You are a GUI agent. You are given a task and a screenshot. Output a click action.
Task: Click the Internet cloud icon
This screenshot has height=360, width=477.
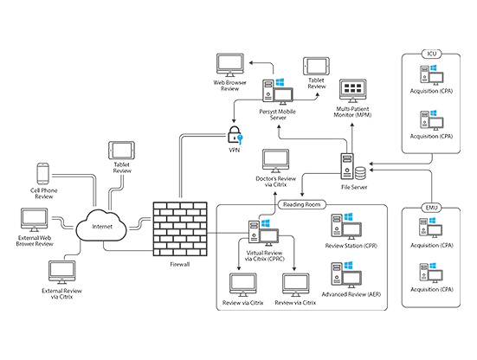[101, 225]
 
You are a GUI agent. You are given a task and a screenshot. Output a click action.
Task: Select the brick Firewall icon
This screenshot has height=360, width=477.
[180, 228]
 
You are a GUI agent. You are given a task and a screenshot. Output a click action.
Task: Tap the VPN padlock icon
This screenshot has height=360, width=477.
[235, 135]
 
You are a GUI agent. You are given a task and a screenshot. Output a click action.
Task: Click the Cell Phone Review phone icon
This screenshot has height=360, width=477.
[43, 174]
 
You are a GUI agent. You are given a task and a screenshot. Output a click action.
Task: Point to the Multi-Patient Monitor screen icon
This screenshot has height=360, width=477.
[353, 91]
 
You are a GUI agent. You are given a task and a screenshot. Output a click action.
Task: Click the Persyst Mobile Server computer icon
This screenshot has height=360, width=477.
[278, 90]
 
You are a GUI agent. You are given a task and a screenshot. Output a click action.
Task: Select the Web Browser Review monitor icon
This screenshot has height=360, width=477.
[230, 65]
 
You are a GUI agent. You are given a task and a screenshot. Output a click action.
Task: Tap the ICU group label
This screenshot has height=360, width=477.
[432, 55]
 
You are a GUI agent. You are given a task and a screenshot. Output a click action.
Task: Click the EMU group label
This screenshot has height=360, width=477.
[432, 208]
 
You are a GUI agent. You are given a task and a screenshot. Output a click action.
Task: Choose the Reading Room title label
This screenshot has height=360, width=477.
[301, 204]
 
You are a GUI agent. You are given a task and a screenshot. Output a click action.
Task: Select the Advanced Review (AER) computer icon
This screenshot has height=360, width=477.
[346, 275]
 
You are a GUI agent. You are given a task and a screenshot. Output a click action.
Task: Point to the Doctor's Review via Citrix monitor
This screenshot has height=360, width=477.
[275, 161]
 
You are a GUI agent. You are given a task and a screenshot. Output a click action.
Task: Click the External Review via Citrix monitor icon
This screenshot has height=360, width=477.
[62, 273]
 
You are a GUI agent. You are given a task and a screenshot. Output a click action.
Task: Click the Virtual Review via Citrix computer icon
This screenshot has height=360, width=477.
[263, 233]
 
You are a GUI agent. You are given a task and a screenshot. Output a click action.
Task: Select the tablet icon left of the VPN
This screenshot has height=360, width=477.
[121, 151]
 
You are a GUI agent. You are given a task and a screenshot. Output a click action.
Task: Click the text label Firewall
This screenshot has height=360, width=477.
[179, 265]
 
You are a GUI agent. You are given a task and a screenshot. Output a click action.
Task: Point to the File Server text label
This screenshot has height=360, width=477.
[354, 187]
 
